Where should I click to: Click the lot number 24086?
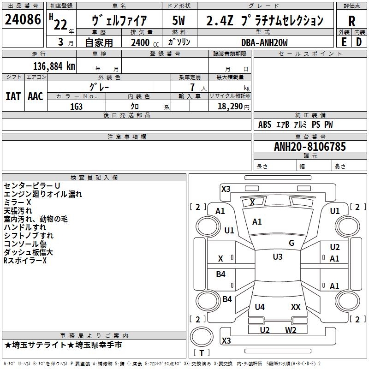pos(23,19)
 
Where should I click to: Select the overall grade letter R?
pos(351,21)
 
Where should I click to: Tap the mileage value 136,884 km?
pos(54,66)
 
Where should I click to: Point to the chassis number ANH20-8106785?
pos(310,147)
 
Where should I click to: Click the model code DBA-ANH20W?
pos(264,42)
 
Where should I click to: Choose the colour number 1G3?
pos(76,107)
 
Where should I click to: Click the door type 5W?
pos(179,20)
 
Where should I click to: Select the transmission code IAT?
pos(13,96)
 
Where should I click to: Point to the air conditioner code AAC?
pos(36,96)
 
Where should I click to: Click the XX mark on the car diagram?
pos(296,307)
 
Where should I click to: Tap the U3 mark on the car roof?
pos(278,257)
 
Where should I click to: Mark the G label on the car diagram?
pos(292,243)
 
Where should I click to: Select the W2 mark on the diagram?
pos(291,330)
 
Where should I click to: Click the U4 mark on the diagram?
pos(260,307)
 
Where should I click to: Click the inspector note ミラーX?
pos(18,202)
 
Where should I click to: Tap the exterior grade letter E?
pos(344,42)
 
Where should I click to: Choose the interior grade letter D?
pos(359,42)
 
